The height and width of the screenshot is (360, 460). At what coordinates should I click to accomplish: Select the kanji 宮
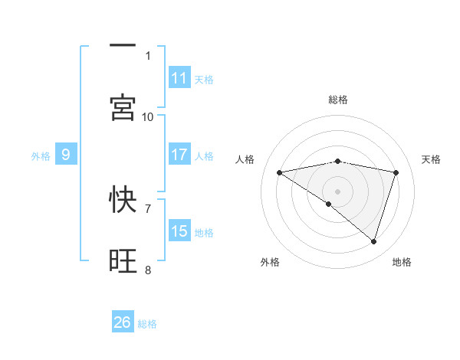tap(123, 107)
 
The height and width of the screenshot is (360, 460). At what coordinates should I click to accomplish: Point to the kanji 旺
tap(123, 260)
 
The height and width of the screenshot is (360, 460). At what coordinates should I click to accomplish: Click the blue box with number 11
tap(179, 78)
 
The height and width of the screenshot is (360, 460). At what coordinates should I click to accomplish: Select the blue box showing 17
tap(179, 155)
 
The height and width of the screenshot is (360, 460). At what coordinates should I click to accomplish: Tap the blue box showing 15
tap(179, 231)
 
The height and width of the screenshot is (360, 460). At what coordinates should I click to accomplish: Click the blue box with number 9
tap(66, 155)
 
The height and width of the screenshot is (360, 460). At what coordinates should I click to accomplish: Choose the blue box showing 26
tap(123, 322)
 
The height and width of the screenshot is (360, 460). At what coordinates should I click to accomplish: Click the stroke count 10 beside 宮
tap(148, 116)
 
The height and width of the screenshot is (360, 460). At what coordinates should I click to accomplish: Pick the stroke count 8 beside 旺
tap(148, 270)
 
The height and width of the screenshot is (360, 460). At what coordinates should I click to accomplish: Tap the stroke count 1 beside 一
tap(148, 55)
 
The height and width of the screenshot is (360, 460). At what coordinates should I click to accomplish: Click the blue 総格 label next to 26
tap(147, 324)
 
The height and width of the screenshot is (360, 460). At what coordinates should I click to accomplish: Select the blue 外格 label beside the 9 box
tap(41, 156)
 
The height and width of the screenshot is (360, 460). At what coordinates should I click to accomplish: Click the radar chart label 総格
tap(338, 100)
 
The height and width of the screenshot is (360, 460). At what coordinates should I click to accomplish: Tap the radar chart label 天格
tap(432, 159)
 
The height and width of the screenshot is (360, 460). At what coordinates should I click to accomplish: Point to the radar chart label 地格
tap(402, 263)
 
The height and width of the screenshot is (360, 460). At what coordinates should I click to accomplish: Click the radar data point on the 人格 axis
tap(280, 172)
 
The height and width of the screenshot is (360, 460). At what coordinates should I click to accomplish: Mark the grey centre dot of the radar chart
tap(338, 191)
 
